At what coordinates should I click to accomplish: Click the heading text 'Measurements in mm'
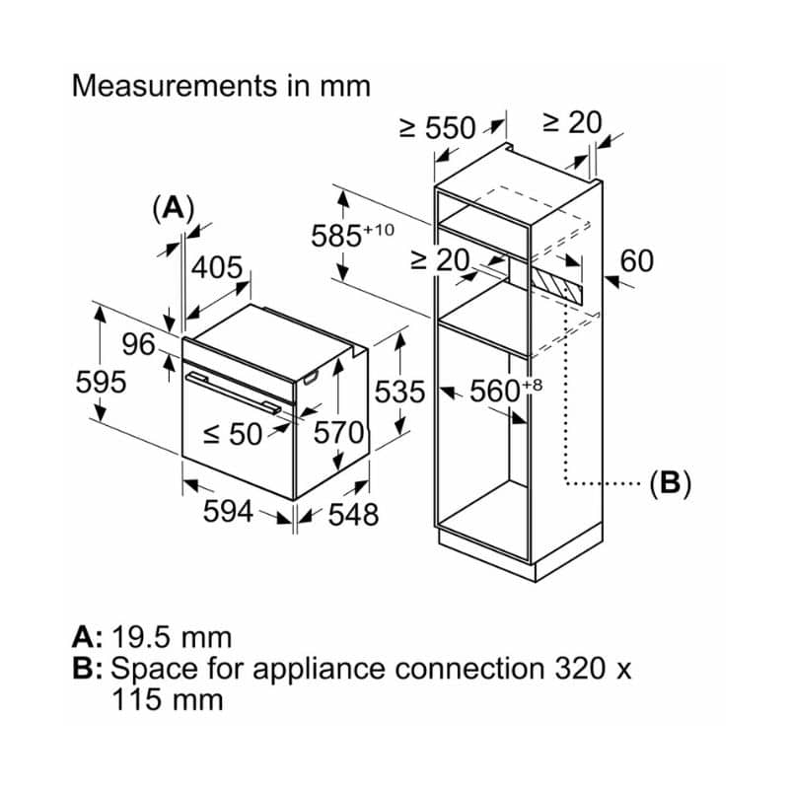[x=222, y=86]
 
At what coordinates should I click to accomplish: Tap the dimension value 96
[x=139, y=344]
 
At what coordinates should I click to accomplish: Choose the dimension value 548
[x=352, y=513]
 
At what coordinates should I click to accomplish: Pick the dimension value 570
[x=339, y=432]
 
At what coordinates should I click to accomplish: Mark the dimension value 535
[x=399, y=392]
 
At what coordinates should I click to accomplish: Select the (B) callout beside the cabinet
[x=670, y=483]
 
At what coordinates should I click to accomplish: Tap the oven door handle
[x=233, y=391]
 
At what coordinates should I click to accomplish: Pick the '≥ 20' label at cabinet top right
[x=572, y=122]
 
